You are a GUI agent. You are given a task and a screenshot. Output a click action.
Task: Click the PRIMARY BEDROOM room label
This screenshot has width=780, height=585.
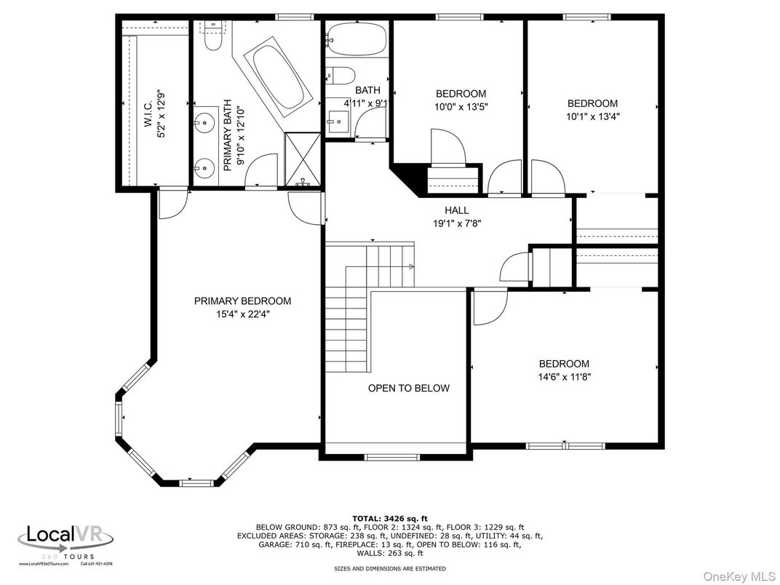242,301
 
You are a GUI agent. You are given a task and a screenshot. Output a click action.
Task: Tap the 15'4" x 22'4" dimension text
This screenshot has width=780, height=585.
242,314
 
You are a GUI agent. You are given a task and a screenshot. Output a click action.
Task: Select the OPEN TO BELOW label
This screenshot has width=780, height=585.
408,389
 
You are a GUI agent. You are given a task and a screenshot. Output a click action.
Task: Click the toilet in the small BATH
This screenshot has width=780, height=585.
341,75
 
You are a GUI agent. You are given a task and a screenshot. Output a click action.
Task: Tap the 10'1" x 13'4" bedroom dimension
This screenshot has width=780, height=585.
592,116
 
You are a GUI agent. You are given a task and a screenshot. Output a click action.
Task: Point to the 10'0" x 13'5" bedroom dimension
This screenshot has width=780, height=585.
461,106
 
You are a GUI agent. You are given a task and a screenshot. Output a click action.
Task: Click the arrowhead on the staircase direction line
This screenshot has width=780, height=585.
412,267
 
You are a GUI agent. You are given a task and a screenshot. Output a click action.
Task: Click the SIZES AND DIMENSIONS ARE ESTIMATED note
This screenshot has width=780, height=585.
389,568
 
